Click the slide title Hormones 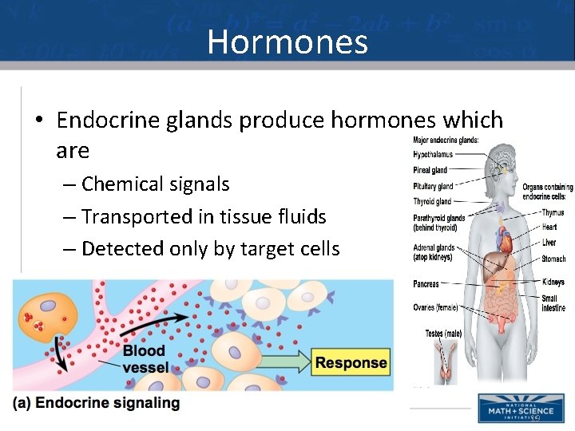point(287,42)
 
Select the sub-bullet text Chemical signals point(155,184)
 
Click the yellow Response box point(351,363)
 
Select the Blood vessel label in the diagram point(145,359)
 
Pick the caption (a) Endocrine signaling point(97,403)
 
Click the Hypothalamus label point(432,154)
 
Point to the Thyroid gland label point(432,201)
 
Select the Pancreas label point(426,283)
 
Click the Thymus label point(553,213)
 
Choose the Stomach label point(553,259)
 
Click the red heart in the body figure point(503,239)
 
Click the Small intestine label point(553,303)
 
